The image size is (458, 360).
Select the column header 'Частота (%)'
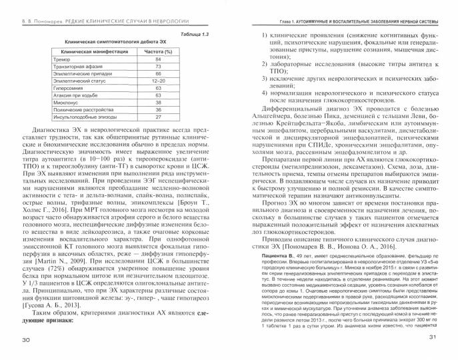[159, 51]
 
